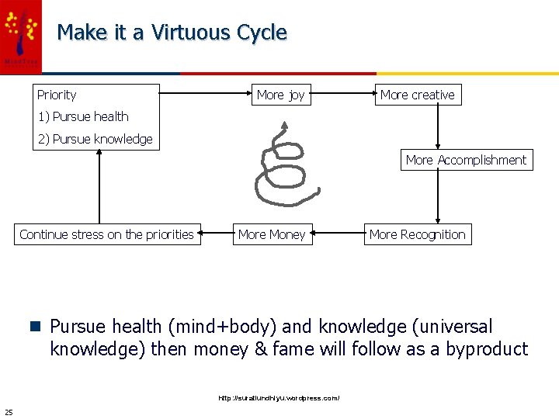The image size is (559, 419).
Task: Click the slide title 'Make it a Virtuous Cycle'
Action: (x=172, y=33)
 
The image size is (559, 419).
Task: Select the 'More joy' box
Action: (x=280, y=95)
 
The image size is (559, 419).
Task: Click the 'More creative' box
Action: (x=418, y=95)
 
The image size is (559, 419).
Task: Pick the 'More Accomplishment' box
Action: (x=466, y=160)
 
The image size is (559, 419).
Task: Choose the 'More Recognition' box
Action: (x=417, y=234)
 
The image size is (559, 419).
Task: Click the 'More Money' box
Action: (x=272, y=234)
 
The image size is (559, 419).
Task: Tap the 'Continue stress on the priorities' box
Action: (x=106, y=234)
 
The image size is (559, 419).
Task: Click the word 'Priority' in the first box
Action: (x=57, y=95)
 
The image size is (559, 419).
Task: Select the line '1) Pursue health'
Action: (x=83, y=116)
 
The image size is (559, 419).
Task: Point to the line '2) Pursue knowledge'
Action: (x=95, y=139)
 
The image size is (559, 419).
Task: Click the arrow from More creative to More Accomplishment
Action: (x=439, y=126)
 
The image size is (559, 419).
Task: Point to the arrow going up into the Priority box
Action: (x=100, y=186)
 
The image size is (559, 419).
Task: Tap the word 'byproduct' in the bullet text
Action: (x=486, y=349)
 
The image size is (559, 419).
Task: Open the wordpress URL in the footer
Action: (x=279, y=398)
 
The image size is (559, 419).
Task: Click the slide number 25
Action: (x=9, y=411)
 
